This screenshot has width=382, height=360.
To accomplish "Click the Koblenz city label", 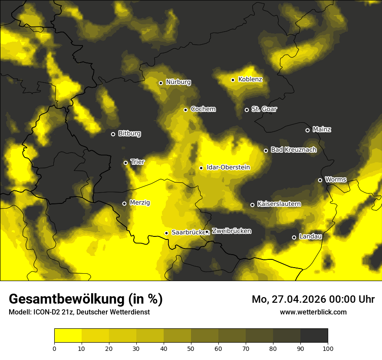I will pos(250,79).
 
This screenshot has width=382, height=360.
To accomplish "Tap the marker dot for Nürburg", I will pos(161,83).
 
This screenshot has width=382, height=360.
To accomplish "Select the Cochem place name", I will pos(203,109).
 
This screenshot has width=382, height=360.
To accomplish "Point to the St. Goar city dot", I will pos(247,110).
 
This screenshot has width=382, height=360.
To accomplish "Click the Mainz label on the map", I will pos(321,129).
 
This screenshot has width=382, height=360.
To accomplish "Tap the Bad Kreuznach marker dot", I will pos(266,151).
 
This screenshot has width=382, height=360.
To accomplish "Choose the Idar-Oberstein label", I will pos(228,167).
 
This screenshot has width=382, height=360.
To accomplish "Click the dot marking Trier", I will pos(126,163).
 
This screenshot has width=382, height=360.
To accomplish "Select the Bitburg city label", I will pos(129,134).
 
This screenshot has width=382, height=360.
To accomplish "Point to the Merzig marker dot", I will pos(124,203).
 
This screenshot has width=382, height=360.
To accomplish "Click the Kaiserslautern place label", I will pos(279,204).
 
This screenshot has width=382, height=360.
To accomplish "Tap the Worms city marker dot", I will pos(320,180).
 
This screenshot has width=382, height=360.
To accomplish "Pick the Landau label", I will pos(310,236).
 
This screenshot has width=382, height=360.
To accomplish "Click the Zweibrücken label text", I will pos(231,231).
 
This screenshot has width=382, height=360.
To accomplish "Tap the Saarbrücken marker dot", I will pos(166,233).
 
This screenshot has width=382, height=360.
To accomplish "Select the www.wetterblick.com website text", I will pos(313,312).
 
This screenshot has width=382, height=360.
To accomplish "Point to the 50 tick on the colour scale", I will pos(191,348).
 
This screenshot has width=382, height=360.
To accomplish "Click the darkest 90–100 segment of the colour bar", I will pos(314,336).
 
